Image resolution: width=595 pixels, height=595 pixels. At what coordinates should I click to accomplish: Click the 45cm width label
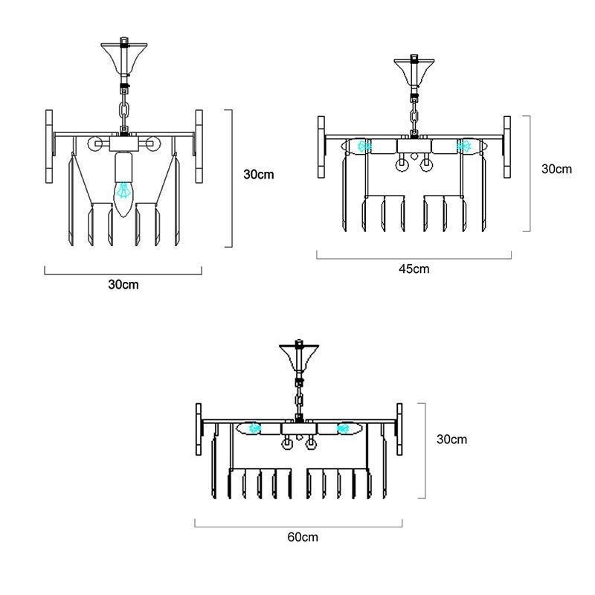pos(414,269)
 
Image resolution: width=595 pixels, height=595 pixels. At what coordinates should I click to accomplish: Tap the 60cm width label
pos(303,537)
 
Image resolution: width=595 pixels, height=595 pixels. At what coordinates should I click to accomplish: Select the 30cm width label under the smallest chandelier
pos(123,285)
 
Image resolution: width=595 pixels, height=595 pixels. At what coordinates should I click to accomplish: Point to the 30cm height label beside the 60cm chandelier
pos(451,440)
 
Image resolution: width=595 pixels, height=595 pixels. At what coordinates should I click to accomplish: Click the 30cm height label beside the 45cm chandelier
pos(556,169)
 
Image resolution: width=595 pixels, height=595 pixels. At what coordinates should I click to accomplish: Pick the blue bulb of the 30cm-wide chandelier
pos(123,190)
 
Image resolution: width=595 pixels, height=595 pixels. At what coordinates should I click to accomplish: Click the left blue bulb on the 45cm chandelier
pos(364,146)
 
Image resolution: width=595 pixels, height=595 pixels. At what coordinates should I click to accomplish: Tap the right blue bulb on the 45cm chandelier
pos(463,146)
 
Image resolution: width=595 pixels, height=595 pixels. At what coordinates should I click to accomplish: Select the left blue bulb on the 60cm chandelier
pos(254,428)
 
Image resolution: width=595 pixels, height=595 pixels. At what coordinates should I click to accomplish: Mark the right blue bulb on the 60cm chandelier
pos(344,428)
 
